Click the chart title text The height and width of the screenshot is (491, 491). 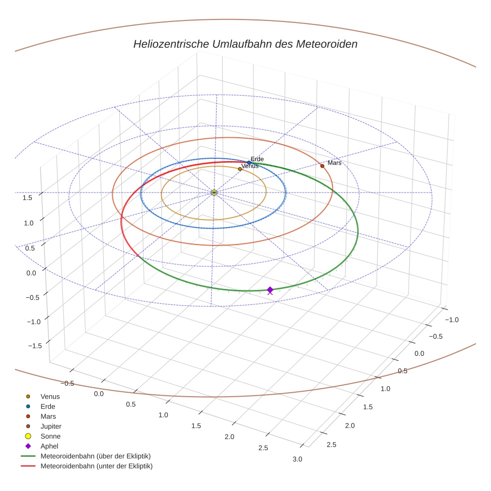(x=245, y=44)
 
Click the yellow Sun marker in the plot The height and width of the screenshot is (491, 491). (x=214, y=193)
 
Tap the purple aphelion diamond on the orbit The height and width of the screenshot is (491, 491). (x=270, y=290)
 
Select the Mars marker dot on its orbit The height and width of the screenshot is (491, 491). (x=322, y=166)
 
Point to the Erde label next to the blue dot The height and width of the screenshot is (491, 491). (x=257, y=159)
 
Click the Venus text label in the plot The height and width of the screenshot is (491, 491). (x=249, y=166)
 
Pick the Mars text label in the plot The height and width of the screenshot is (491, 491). (x=334, y=163)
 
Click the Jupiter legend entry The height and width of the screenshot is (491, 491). (x=51, y=426)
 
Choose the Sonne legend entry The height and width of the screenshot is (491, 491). (x=50, y=436)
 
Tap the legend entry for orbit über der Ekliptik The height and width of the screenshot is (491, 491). (x=95, y=456)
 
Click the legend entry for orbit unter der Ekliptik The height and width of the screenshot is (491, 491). (x=96, y=466)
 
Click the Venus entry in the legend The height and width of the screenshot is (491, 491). (x=50, y=396)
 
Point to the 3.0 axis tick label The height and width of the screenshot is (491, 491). (x=297, y=459)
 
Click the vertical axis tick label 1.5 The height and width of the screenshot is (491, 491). (x=27, y=198)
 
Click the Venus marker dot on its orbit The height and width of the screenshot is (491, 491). (x=240, y=169)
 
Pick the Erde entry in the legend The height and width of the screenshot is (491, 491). (x=48, y=406)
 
